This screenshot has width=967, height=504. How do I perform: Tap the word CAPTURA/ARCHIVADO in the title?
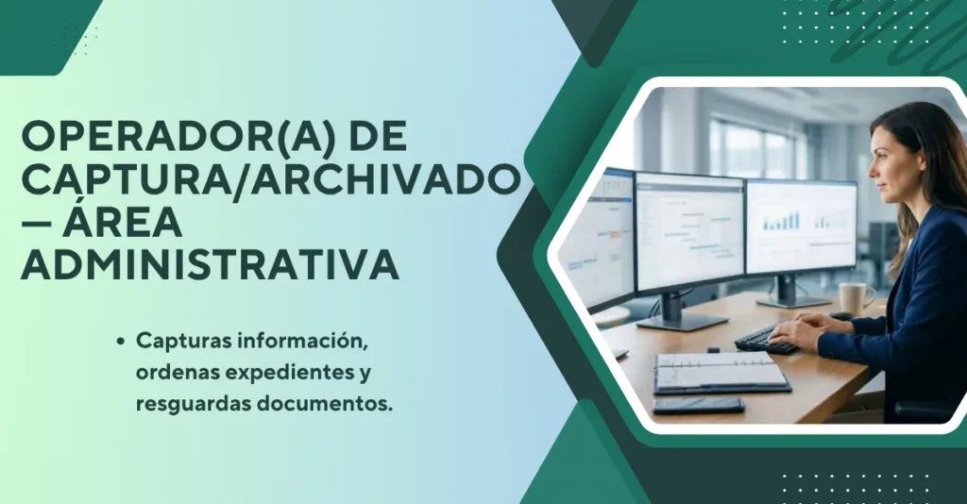[x=271, y=177]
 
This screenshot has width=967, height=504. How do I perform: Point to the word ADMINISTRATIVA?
[x=211, y=264]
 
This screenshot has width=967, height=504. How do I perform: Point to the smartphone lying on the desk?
[x=698, y=406]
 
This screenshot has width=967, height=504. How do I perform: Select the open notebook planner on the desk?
[x=721, y=373]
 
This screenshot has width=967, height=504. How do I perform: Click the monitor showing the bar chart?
[x=801, y=227]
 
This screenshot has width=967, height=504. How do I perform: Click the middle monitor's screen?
[x=689, y=233]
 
